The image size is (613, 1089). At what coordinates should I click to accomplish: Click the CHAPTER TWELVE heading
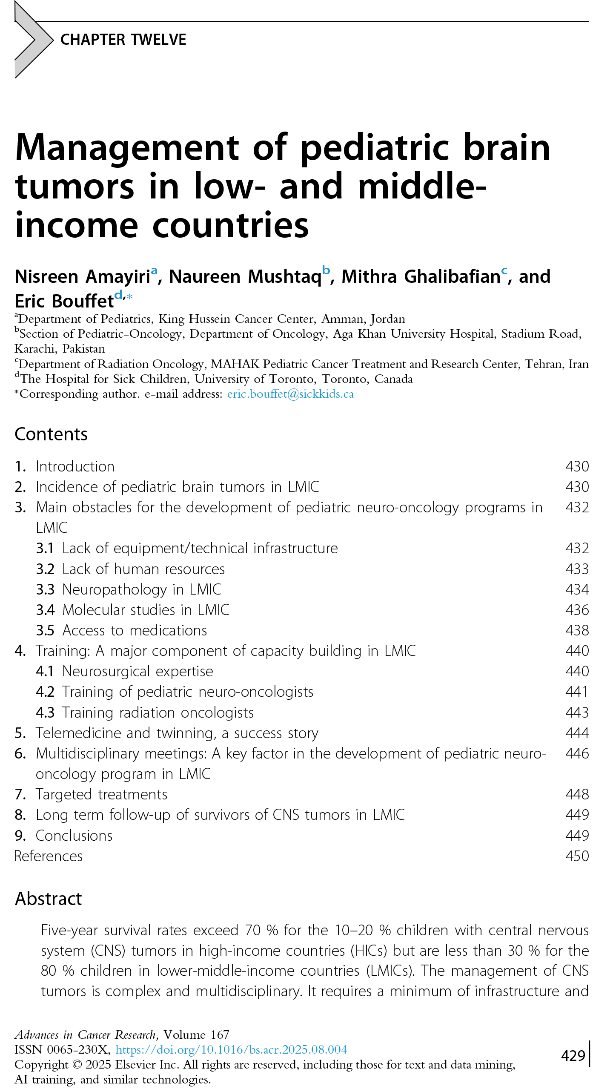point(123,40)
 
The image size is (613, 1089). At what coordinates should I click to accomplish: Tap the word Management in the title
point(127,148)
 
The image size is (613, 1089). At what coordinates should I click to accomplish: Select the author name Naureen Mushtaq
point(245,277)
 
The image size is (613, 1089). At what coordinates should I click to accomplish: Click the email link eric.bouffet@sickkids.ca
point(290,394)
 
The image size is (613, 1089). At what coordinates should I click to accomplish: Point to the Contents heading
point(51,434)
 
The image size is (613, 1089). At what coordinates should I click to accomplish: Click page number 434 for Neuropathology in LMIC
point(577,589)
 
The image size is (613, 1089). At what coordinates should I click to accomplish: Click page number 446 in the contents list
point(577,753)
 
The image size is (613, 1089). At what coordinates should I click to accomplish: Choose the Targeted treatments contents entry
point(101,794)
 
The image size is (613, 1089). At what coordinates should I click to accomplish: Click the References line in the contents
point(49,856)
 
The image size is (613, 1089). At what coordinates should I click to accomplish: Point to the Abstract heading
point(49,899)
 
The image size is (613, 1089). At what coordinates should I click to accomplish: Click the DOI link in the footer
point(231,1049)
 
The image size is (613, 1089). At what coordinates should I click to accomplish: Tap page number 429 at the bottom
point(573,1056)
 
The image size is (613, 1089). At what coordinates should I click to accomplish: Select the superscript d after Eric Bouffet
point(118,294)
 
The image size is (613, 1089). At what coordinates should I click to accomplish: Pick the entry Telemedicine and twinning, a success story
point(177,733)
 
